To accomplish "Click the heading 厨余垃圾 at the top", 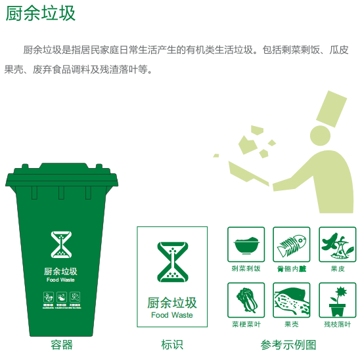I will pos(41,14).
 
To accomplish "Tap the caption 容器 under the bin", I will pos(61,345).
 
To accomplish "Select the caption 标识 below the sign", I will pos(171,345).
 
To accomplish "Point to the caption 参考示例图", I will pos(288,345).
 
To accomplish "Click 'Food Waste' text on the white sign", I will pos(171,315).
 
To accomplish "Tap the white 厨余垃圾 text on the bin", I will pos(61,271).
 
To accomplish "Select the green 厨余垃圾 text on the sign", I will pos(171,303).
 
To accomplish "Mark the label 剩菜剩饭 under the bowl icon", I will pos(246,268).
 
